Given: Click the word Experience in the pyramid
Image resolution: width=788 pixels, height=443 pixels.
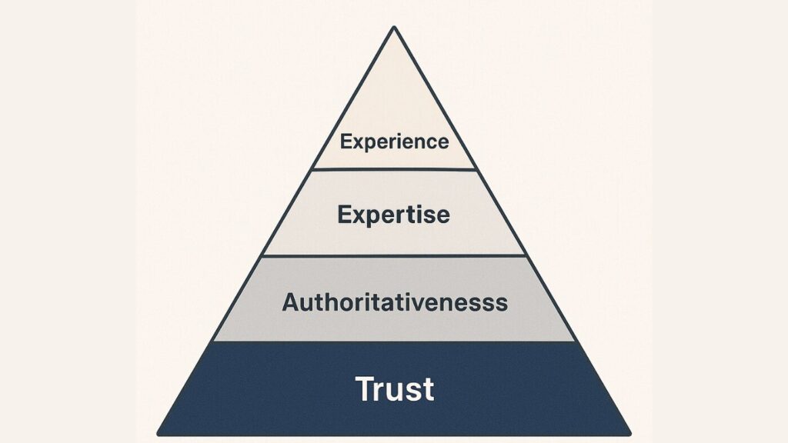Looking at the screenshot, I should point(394,142).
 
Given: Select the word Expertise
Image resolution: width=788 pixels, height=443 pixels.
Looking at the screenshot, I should point(393,214).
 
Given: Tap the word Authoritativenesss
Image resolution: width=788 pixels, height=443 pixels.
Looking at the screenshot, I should point(395,301).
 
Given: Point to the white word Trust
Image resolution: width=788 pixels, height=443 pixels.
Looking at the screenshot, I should point(394,388).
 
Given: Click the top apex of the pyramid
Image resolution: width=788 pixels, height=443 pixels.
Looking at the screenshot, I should point(394,28).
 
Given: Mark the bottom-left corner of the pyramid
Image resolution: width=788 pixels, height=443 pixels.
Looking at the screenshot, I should point(159,433).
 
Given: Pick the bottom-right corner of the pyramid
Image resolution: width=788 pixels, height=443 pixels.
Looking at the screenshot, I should point(629,433).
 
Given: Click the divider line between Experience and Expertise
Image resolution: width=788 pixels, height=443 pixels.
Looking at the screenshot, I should point(394,169).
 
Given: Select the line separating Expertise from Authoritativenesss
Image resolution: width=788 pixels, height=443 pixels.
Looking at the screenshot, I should point(394,255).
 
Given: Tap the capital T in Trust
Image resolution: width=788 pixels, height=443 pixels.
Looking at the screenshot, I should point(364,388).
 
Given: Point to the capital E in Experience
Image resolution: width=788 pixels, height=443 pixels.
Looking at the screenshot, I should point(346,142).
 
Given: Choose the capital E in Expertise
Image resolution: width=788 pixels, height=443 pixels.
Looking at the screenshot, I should point(343,214).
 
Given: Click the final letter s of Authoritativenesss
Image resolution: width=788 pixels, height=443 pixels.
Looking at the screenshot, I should point(503,303).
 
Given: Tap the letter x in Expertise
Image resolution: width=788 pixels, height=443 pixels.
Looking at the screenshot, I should point(359,215).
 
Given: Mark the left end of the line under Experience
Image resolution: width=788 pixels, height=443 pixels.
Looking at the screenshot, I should point(311,168).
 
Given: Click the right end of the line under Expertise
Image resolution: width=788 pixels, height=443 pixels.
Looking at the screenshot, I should point(526,255).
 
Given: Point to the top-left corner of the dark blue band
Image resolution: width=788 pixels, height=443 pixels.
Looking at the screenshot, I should point(212,342).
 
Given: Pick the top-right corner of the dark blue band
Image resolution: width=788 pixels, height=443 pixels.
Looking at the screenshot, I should point(576,342).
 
